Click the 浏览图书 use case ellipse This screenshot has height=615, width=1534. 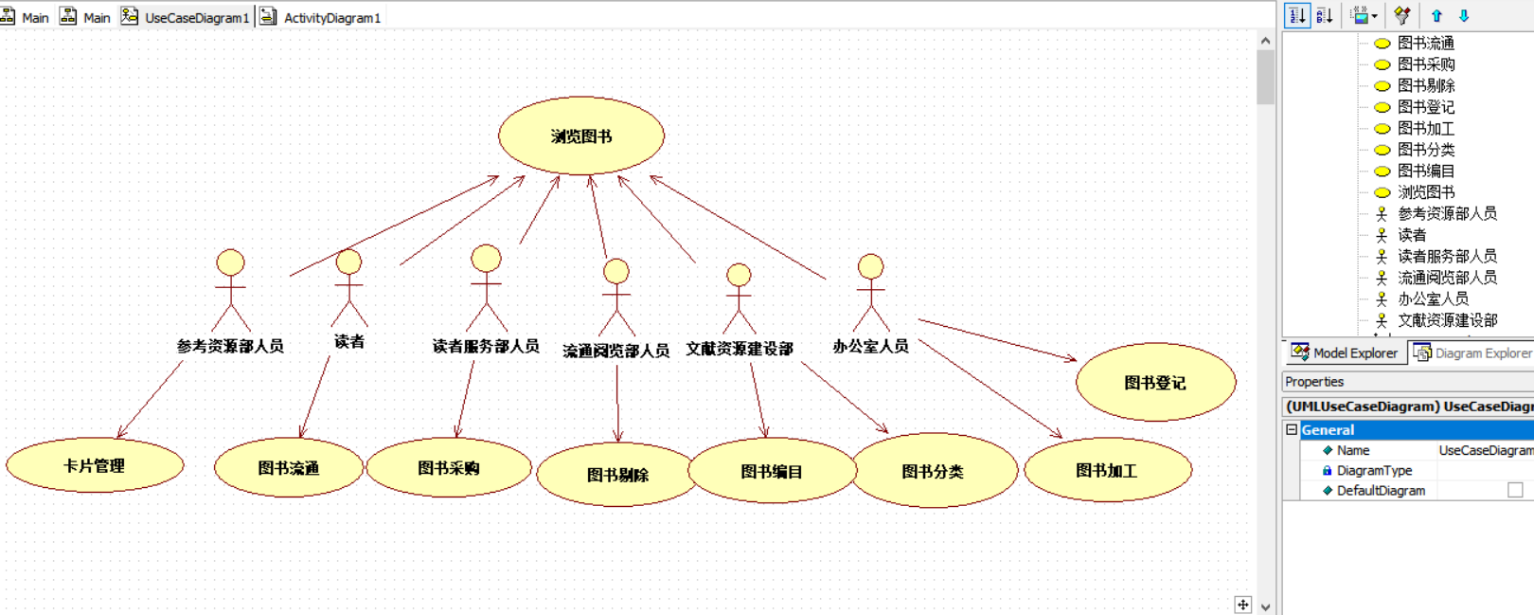click(x=580, y=136)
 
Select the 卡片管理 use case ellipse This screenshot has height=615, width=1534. click(x=95, y=465)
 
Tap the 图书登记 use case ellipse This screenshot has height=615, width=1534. click(x=1155, y=382)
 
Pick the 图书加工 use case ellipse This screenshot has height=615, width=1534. click(x=1107, y=470)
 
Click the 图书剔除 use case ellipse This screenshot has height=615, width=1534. click(x=617, y=475)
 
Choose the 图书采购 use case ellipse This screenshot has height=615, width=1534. click(x=449, y=467)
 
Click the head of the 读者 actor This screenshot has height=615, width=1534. click(x=348, y=262)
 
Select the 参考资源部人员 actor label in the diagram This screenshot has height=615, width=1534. click(x=230, y=346)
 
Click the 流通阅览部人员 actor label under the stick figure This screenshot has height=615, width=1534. click(x=615, y=351)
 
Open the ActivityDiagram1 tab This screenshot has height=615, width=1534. click(x=331, y=17)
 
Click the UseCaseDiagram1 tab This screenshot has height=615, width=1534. click(x=196, y=17)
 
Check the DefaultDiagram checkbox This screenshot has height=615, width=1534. click(x=1515, y=490)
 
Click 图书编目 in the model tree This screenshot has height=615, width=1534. click(x=1426, y=171)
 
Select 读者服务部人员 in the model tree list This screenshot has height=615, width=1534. click(x=1447, y=256)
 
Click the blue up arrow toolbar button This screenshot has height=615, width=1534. click(x=1436, y=15)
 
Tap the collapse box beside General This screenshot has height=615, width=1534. click(x=1292, y=429)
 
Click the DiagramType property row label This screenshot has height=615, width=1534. click(x=1374, y=470)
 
